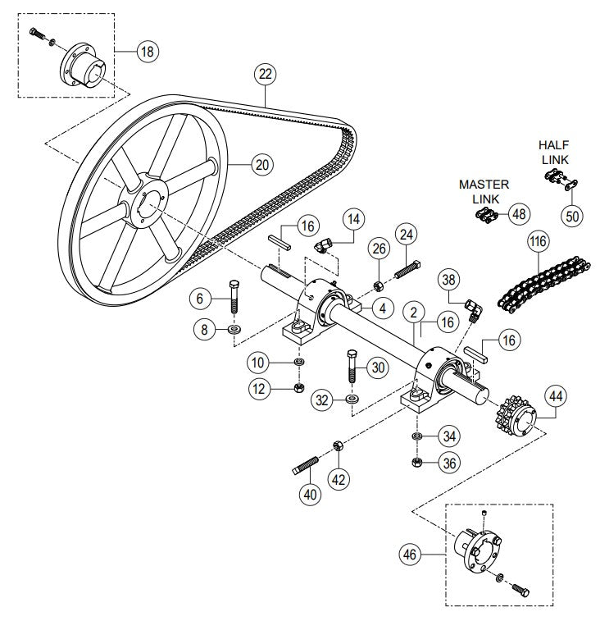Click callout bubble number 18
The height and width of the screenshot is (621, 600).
coord(148,51)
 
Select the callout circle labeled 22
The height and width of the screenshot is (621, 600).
coord(265,74)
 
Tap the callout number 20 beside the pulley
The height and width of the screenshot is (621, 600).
coord(261,164)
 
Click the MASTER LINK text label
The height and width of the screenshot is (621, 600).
coord(484,191)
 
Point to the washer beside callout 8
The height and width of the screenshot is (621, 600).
coord(234,330)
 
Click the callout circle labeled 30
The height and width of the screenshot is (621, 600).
coord(377,368)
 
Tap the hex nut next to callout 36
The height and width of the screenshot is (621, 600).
coord(416,463)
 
